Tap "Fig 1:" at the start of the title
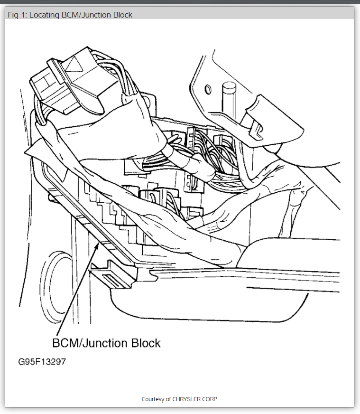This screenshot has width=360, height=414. (x=17, y=15)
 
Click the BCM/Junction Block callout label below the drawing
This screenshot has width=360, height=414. (x=106, y=342)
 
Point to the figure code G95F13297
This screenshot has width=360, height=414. (x=42, y=362)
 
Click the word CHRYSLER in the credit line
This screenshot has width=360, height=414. (x=188, y=399)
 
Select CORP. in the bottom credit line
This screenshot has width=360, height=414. (x=210, y=399)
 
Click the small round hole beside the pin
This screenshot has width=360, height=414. (x=207, y=88)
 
